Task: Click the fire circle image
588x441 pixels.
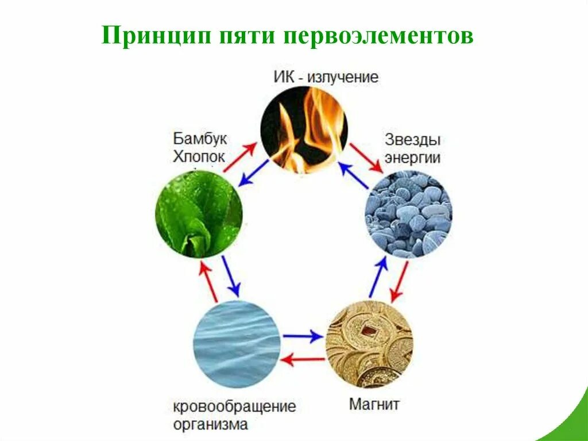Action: click(304, 129)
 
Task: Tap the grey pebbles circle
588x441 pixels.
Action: click(408, 214)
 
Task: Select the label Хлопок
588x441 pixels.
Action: click(199, 156)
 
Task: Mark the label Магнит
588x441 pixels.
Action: click(374, 404)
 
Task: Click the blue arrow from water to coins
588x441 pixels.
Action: click(303, 336)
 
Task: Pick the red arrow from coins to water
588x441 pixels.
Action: click(304, 360)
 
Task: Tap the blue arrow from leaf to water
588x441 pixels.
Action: click(231, 275)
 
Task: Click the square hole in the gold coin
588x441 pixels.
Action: click(364, 330)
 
